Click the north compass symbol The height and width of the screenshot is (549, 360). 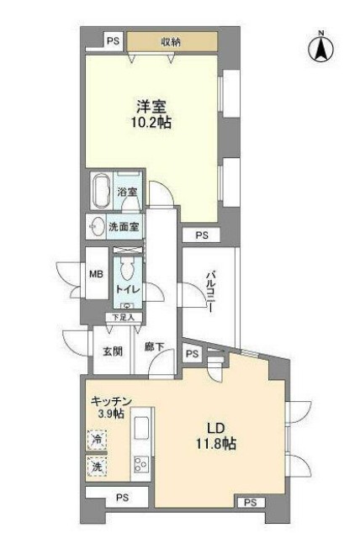pyautogui.click(x=320, y=47)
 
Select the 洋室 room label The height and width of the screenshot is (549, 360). pyautogui.click(x=152, y=107)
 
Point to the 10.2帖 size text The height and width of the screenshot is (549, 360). pyautogui.click(x=152, y=123)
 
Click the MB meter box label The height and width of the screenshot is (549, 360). pyautogui.click(x=96, y=273)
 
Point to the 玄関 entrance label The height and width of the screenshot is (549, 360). pyautogui.click(x=114, y=351)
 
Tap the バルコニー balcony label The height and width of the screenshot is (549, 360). pyautogui.click(x=211, y=291)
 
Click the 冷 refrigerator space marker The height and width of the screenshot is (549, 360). pyautogui.click(x=98, y=439)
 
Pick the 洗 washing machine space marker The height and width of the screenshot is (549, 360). pyautogui.click(x=98, y=466)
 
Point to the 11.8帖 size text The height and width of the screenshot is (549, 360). pyautogui.click(x=215, y=443)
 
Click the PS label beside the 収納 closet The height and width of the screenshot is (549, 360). pyautogui.click(x=112, y=40)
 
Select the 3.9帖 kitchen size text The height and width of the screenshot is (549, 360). pyautogui.click(x=109, y=413)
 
